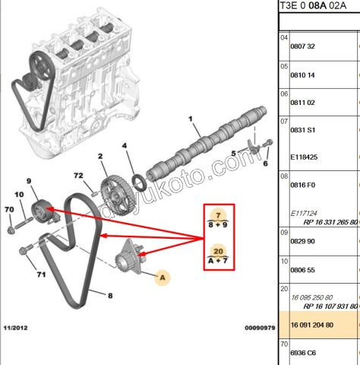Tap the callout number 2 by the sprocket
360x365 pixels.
(x=99, y=157)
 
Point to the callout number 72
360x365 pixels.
(x=77, y=176)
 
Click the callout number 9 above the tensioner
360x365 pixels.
(x=30, y=180)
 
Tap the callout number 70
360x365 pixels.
(x=9, y=209)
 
